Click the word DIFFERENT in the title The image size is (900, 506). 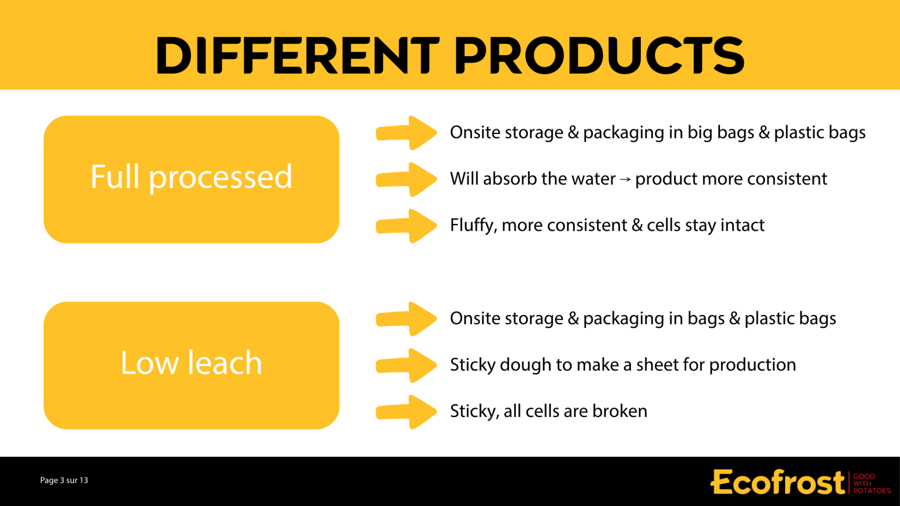click(297, 55)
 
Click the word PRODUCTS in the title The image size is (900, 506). click(599, 55)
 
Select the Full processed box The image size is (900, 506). click(191, 179)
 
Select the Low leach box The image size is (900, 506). click(191, 365)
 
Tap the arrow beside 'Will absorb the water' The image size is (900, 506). click(406, 179)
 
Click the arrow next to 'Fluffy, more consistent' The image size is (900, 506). click(406, 226)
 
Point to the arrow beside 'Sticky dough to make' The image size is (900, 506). click(406, 365)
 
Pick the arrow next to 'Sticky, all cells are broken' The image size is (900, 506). click(406, 412)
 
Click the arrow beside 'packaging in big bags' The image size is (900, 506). click(406, 133)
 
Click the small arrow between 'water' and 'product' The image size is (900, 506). click(625, 179)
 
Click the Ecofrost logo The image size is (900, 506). click(778, 482)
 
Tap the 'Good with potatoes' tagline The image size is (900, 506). click(872, 484)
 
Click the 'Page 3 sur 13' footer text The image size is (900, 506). click(64, 480)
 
